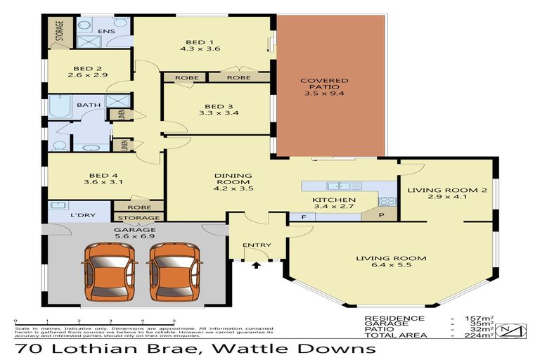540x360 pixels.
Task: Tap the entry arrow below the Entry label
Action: pos(256,266)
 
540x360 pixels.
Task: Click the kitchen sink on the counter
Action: pos(337,186)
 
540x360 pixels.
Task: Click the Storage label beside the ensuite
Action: pos(59,32)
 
